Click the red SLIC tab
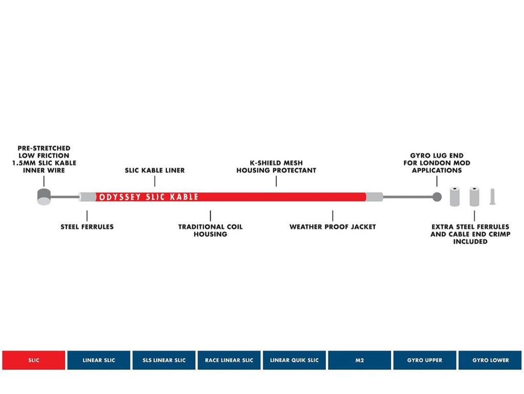click(x=34, y=360)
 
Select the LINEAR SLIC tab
click(x=99, y=360)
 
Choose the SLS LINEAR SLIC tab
click(x=164, y=360)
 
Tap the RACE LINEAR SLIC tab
click(x=229, y=360)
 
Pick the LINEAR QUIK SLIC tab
click(x=294, y=360)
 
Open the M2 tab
click(x=360, y=360)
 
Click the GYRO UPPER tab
click(x=425, y=360)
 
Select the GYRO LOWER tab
click(x=490, y=360)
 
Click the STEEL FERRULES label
click(x=87, y=227)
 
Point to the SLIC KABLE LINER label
click(x=155, y=170)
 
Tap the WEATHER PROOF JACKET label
click(x=333, y=227)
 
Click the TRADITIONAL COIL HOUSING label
click(x=210, y=231)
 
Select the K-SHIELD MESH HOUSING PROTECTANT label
click(x=276, y=167)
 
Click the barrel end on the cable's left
click(x=44, y=197)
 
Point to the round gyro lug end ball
click(x=437, y=197)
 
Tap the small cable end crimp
click(x=493, y=197)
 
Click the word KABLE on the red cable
click(x=184, y=197)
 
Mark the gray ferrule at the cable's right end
click(x=374, y=197)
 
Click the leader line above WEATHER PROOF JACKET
click(x=333, y=216)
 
